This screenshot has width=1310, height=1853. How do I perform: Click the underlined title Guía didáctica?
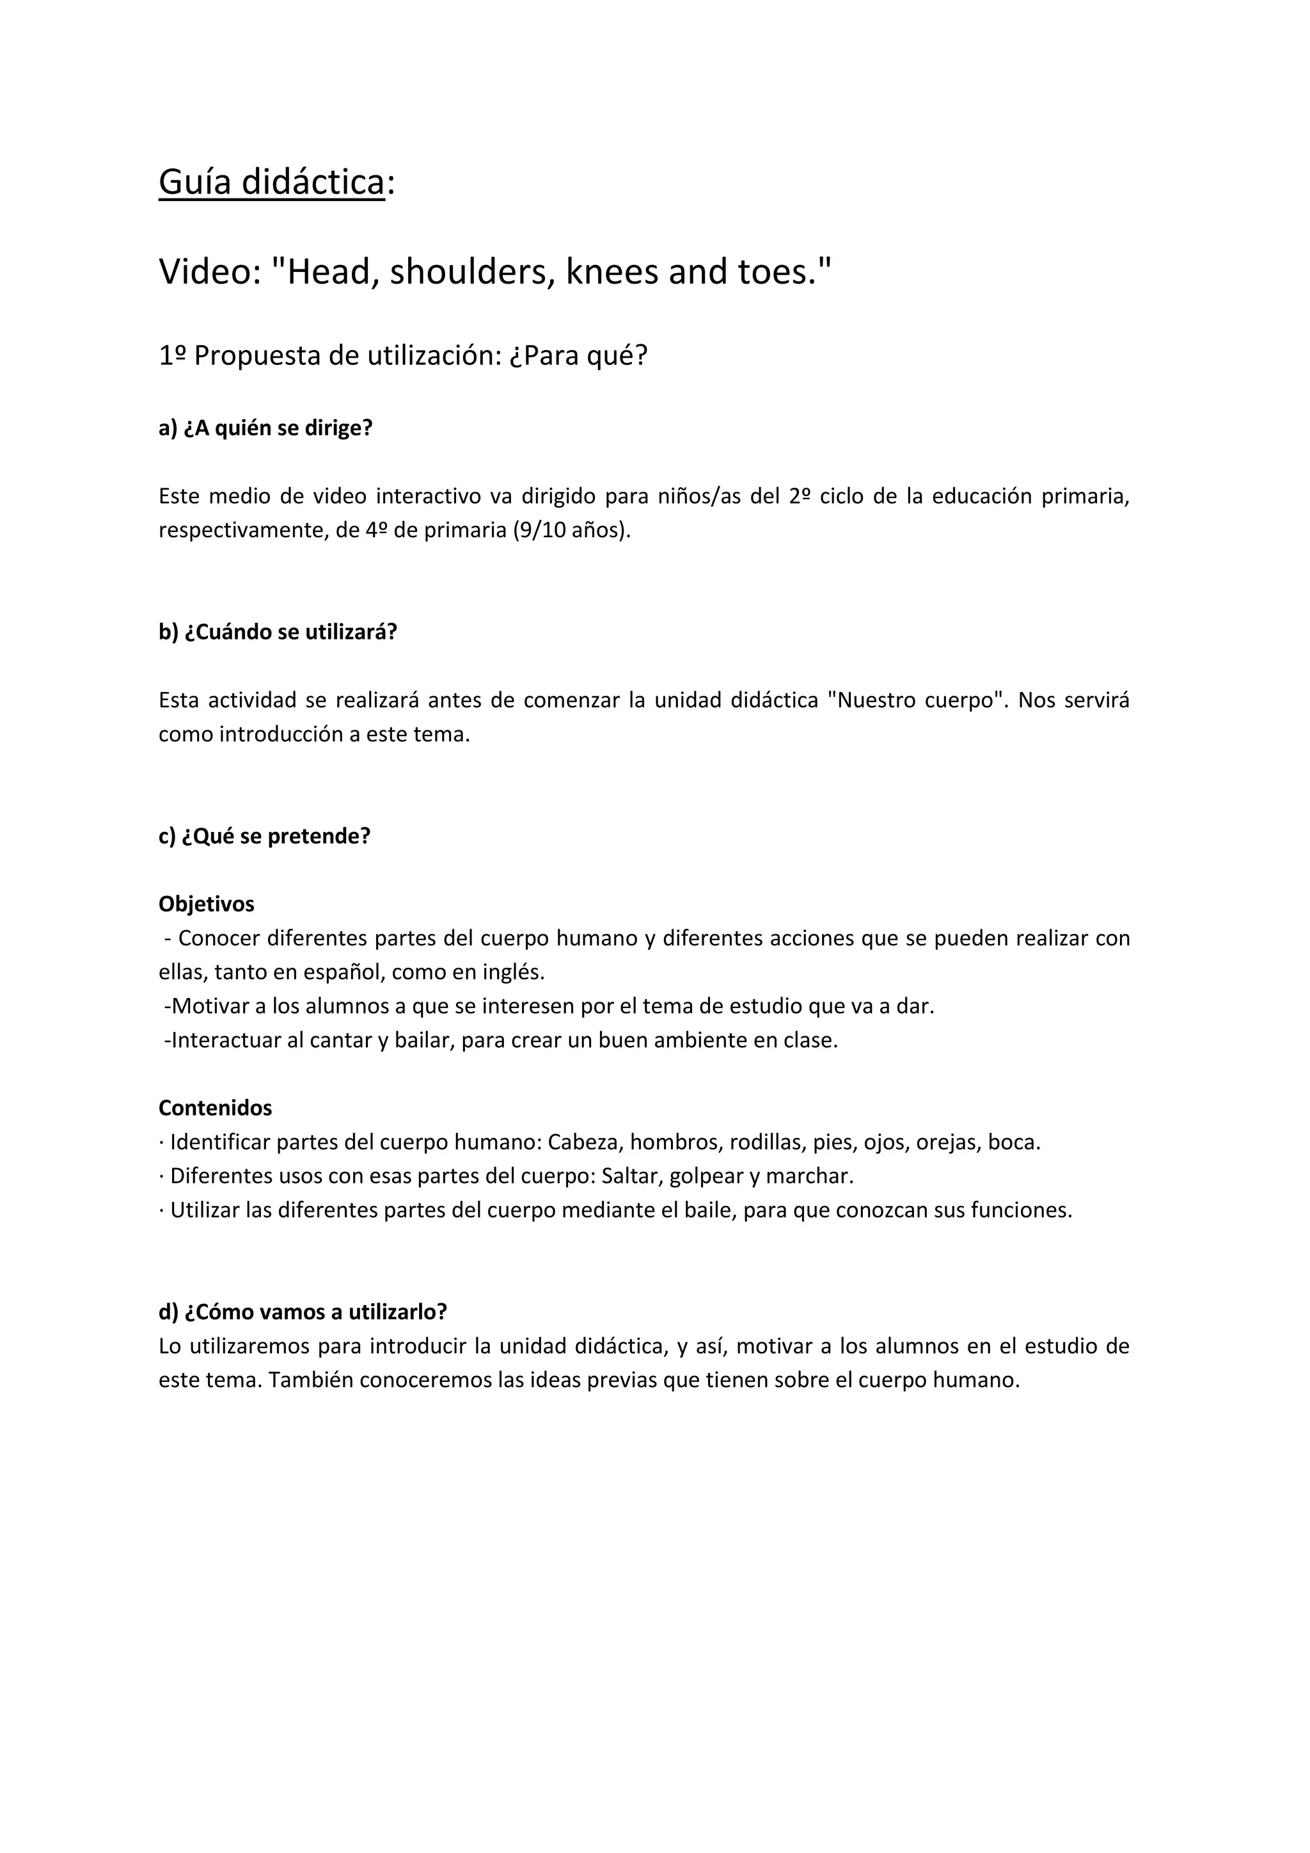[x=271, y=182]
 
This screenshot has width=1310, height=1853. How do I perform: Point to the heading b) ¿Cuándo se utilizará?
[x=278, y=632]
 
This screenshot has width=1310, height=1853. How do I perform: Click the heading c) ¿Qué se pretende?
[x=264, y=836]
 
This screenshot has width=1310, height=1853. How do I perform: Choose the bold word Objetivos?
[x=206, y=904]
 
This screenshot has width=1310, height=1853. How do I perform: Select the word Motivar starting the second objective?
[x=207, y=1006]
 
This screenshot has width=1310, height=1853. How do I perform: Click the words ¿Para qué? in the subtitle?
[x=578, y=356]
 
